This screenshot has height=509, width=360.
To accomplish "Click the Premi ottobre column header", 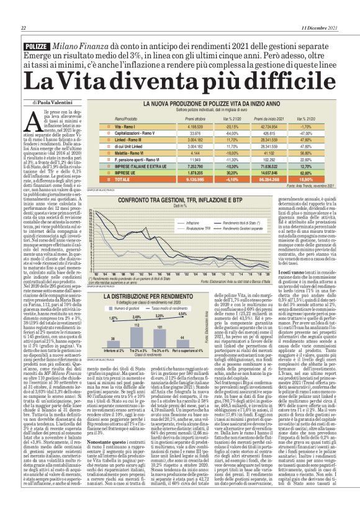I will point(160,117).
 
